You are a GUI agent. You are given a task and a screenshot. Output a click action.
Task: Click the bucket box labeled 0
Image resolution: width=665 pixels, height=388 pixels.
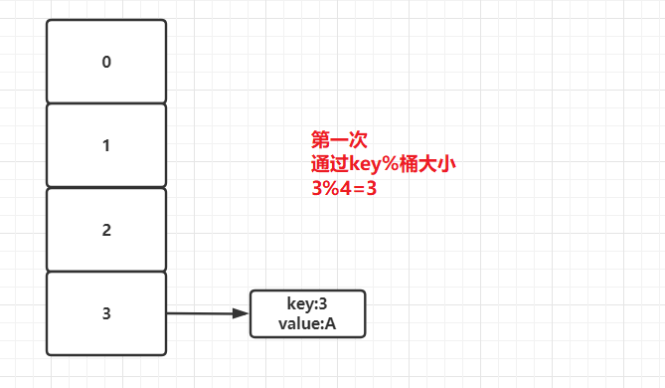[106, 62]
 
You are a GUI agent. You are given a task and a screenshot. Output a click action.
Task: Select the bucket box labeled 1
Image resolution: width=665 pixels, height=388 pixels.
[106, 145]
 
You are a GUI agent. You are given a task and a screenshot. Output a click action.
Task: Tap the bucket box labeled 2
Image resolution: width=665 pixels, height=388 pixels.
[106, 230]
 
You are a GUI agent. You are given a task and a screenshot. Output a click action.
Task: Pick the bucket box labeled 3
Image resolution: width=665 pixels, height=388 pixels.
[106, 313]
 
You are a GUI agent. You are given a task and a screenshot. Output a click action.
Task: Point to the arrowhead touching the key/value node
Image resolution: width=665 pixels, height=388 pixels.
[240, 313]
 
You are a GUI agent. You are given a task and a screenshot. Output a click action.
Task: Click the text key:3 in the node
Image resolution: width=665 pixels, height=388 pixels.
[307, 303]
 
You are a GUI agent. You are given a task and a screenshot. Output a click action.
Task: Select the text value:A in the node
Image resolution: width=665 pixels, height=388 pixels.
[307, 322]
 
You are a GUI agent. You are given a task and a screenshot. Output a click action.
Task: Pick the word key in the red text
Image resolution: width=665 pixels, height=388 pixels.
[367, 162]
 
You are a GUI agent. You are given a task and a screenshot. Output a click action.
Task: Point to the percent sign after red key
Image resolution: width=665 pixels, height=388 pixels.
[395, 162]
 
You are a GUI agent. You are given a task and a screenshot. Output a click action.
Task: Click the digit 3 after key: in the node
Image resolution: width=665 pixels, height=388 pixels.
[323, 303]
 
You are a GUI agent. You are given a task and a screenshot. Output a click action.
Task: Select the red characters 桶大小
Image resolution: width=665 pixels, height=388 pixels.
[429, 162]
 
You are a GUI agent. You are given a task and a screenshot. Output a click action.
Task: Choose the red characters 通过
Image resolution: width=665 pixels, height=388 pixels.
[330, 162]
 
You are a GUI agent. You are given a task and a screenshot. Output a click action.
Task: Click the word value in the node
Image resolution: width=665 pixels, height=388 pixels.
[299, 322]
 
